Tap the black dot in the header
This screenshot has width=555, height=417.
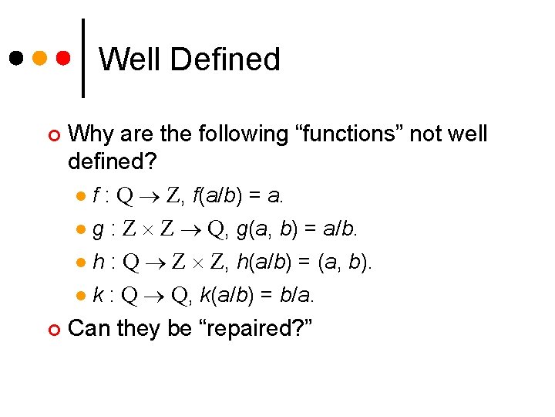coord(16,58)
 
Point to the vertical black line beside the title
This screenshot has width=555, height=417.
coord(83,57)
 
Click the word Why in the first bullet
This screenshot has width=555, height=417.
coord(89,134)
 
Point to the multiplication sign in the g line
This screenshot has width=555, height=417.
coord(155,230)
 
